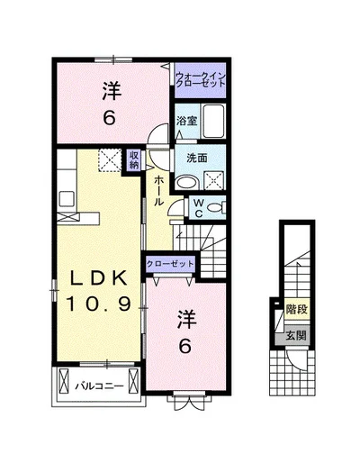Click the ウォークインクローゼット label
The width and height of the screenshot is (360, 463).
(x=201, y=80)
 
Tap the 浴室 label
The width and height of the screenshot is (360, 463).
(x=186, y=121)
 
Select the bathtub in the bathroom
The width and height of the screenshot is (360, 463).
(x=213, y=121)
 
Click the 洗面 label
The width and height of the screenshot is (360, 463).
(x=197, y=158)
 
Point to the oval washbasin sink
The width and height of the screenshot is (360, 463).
(x=186, y=183)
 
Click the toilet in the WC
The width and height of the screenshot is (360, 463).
(x=215, y=207)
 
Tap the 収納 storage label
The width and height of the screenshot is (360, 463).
(x=134, y=159)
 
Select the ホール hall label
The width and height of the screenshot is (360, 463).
(x=159, y=191)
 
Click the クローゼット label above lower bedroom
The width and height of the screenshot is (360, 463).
(x=170, y=264)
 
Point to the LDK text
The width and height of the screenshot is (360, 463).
(x=98, y=279)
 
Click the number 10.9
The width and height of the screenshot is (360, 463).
(x=98, y=304)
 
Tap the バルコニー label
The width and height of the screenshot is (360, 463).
(x=99, y=386)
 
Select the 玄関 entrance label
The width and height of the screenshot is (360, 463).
(x=296, y=335)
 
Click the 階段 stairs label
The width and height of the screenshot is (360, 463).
(x=297, y=309)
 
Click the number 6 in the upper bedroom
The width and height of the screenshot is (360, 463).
(x=109, y=118)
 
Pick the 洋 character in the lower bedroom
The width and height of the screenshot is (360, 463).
(x=186, y=320)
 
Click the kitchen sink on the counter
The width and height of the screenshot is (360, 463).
(x=67, y=199)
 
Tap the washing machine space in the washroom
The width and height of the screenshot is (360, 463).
(x=214, y=180)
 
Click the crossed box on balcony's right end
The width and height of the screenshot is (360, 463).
(x=132, y=380)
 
